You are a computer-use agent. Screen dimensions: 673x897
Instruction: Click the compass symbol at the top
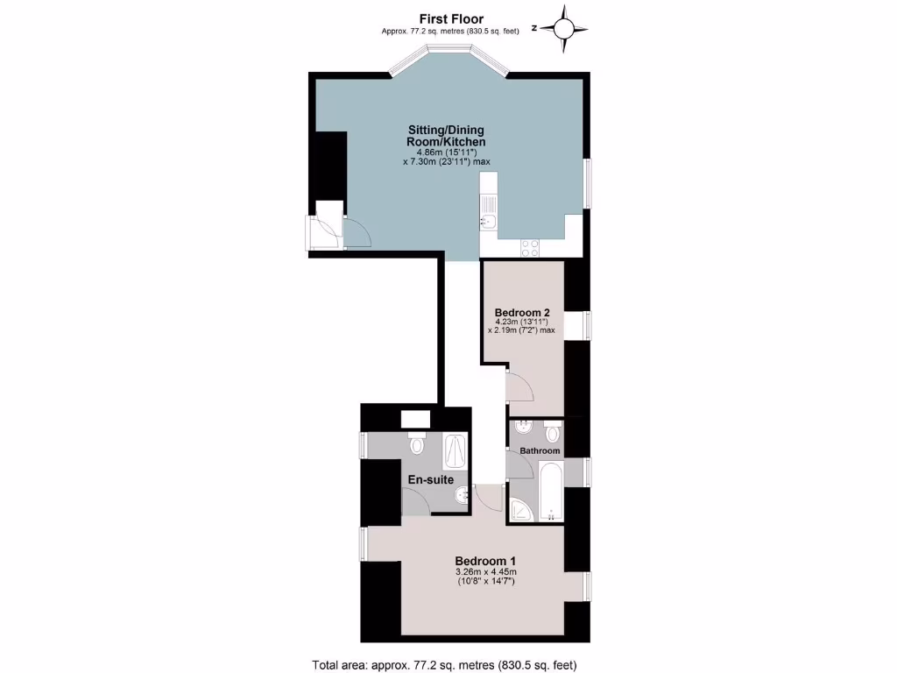tap(565, 28)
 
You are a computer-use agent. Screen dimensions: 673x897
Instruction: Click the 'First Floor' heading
tap(450, 18)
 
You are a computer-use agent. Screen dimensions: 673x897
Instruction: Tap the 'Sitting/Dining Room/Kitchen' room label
tap(445, 136)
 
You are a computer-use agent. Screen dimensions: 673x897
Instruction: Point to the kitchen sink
tap(488, 219)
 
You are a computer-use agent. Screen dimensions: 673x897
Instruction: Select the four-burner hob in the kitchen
tap(530, 247)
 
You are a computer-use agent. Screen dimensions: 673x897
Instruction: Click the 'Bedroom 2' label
tap(522, 313)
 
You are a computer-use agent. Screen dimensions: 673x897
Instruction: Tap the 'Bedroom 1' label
tap(485, 561)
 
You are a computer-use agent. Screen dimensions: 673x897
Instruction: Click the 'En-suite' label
tap(430, 479)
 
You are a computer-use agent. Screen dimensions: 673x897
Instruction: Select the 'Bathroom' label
tap(540, 450)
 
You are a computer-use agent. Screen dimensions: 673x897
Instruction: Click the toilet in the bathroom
tap(552, 432)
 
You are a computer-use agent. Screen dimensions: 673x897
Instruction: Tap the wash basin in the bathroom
tap(523, 429)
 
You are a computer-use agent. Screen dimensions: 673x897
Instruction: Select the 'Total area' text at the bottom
tap(444, 663)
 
